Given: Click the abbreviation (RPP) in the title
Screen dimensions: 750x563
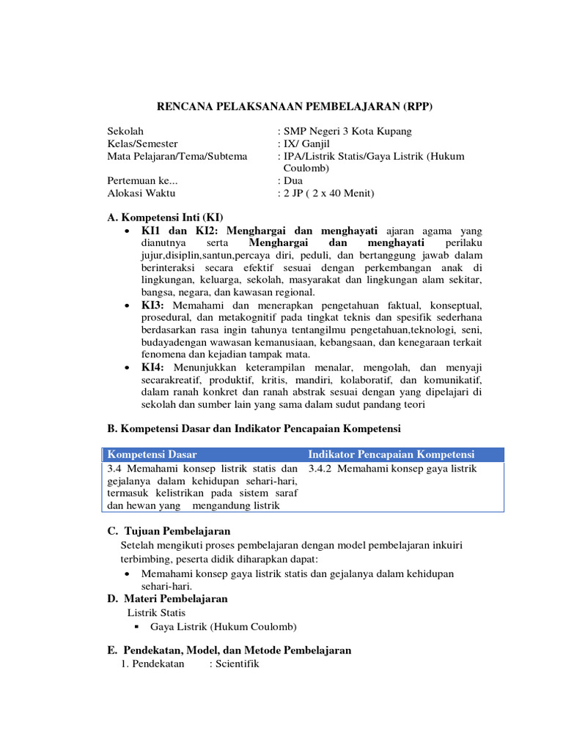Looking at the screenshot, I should [417, 107].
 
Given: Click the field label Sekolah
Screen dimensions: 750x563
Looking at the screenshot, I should [125, 131].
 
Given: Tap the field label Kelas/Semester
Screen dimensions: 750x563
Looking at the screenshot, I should [143, 144].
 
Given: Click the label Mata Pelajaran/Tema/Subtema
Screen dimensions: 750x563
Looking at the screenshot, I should [177, 156].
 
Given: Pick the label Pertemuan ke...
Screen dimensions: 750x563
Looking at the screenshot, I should [143, 181].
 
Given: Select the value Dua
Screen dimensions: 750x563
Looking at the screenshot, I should [293, 181].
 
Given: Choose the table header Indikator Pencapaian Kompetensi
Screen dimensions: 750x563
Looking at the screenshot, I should [391, 455].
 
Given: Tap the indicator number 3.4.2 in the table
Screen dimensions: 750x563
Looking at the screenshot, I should [323, 469].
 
